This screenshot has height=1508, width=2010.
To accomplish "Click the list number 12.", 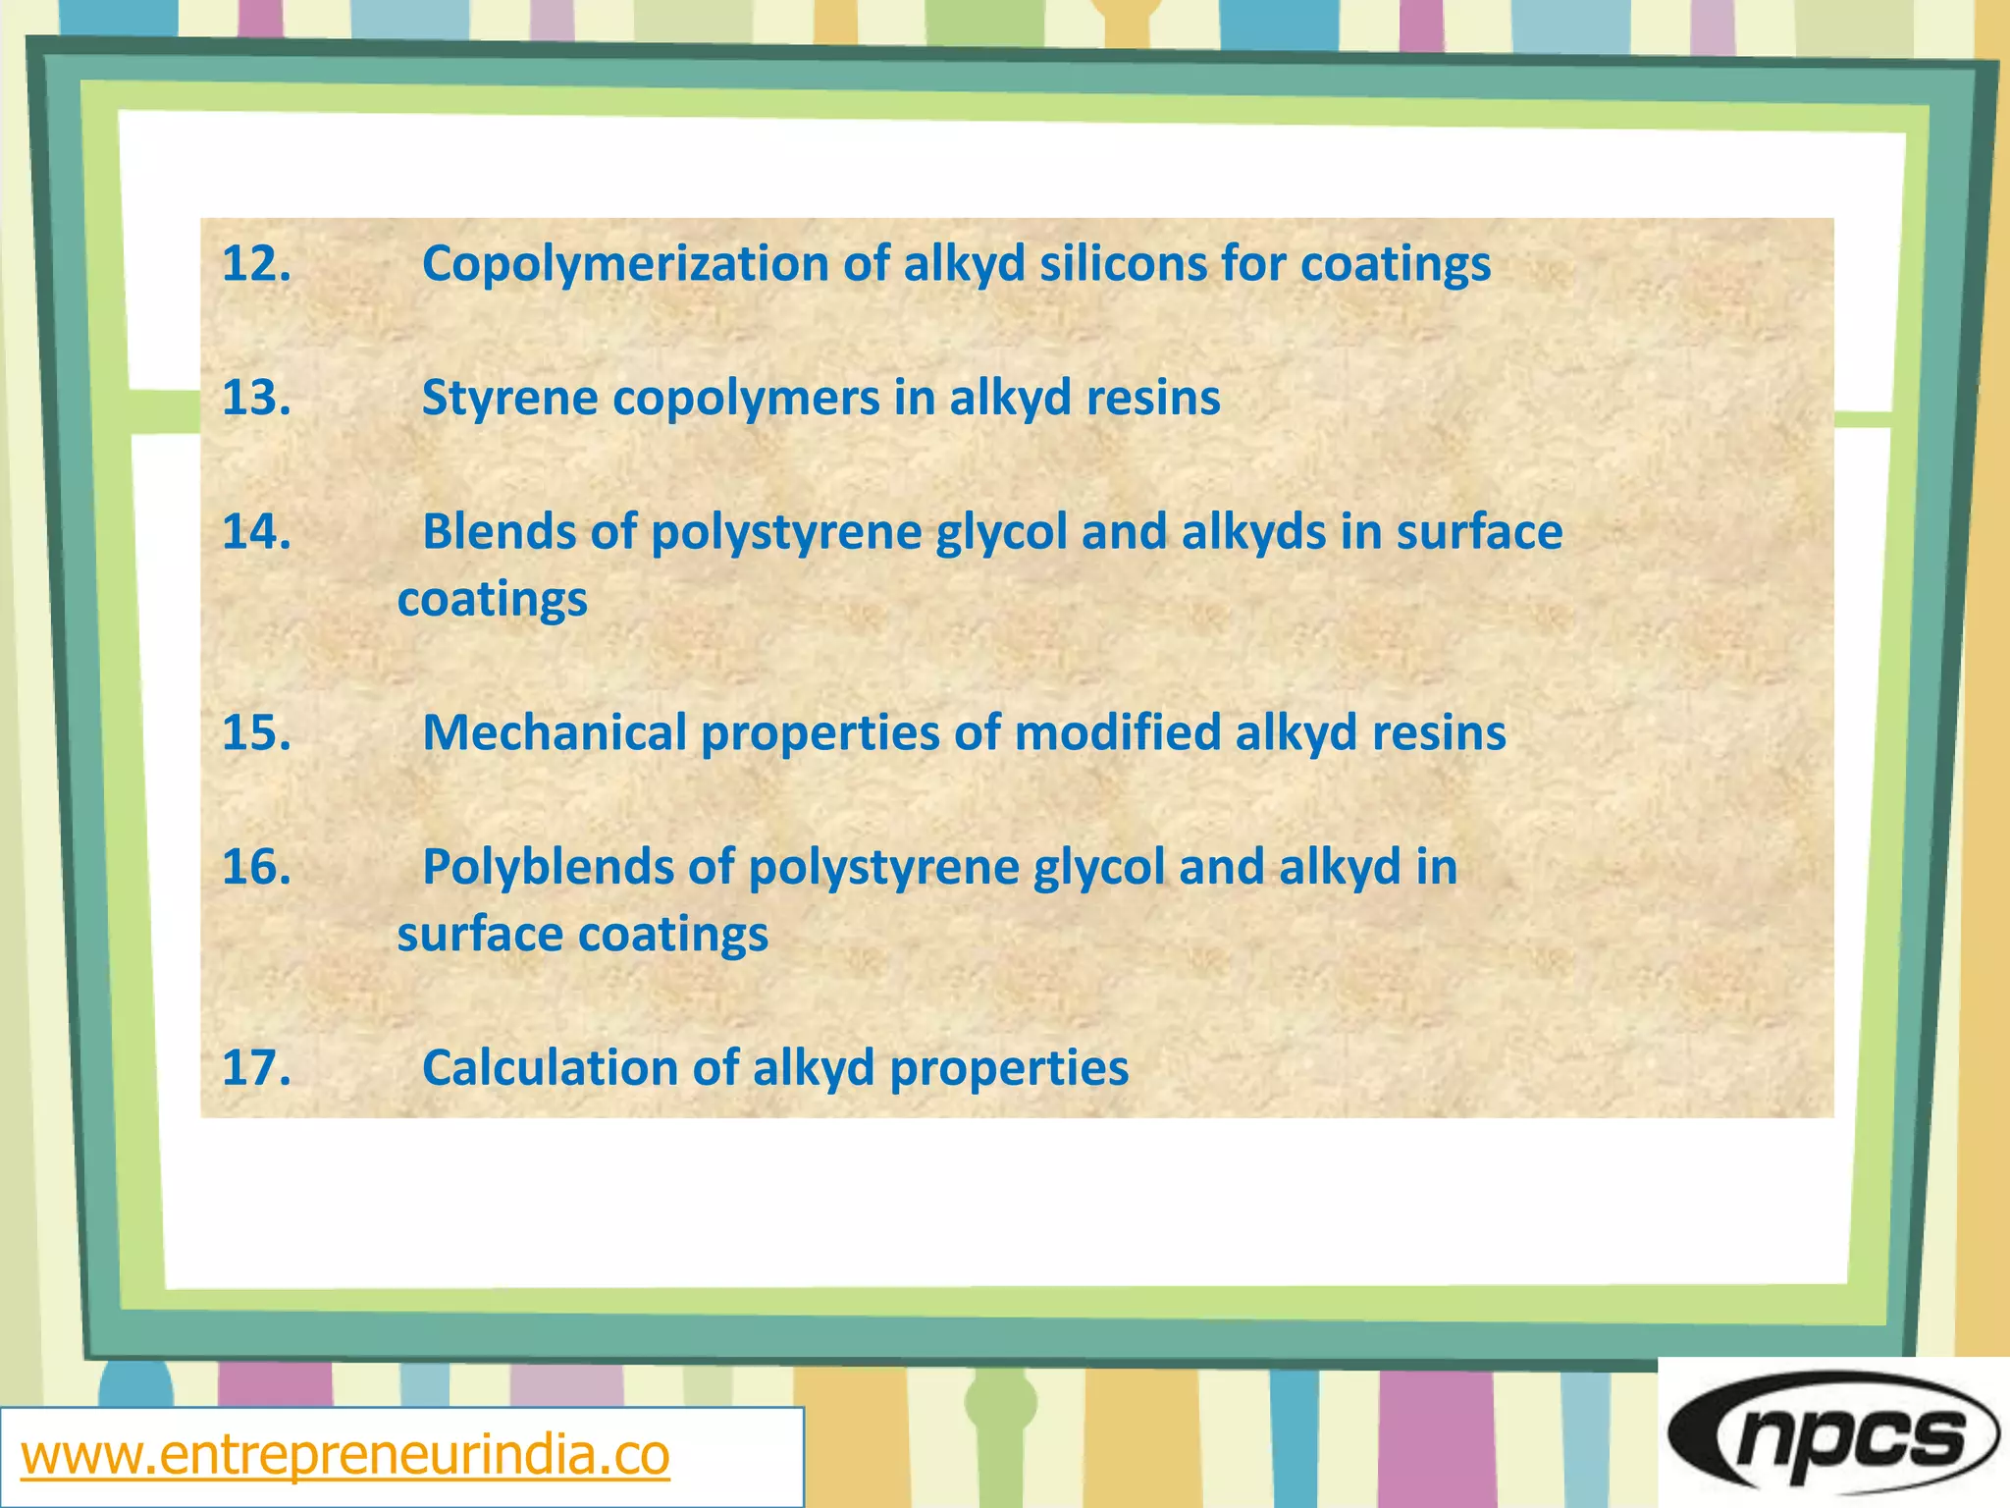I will click(x=256, y=264).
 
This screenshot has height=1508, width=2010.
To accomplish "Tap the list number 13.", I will click(x=256, y=399).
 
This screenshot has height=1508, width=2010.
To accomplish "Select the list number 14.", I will click(x=256, y=532).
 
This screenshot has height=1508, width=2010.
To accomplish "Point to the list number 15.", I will click(x=256, y=733).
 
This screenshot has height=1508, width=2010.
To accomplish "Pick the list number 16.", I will click(x=256, y=867).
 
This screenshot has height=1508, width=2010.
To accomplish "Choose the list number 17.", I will click(x=256, y=1068).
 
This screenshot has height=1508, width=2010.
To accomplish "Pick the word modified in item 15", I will click(x=1117, y=733).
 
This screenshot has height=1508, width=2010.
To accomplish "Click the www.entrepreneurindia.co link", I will click(x=345, y=1455).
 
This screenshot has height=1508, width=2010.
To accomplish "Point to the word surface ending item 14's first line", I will click(x=1479, y=532).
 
